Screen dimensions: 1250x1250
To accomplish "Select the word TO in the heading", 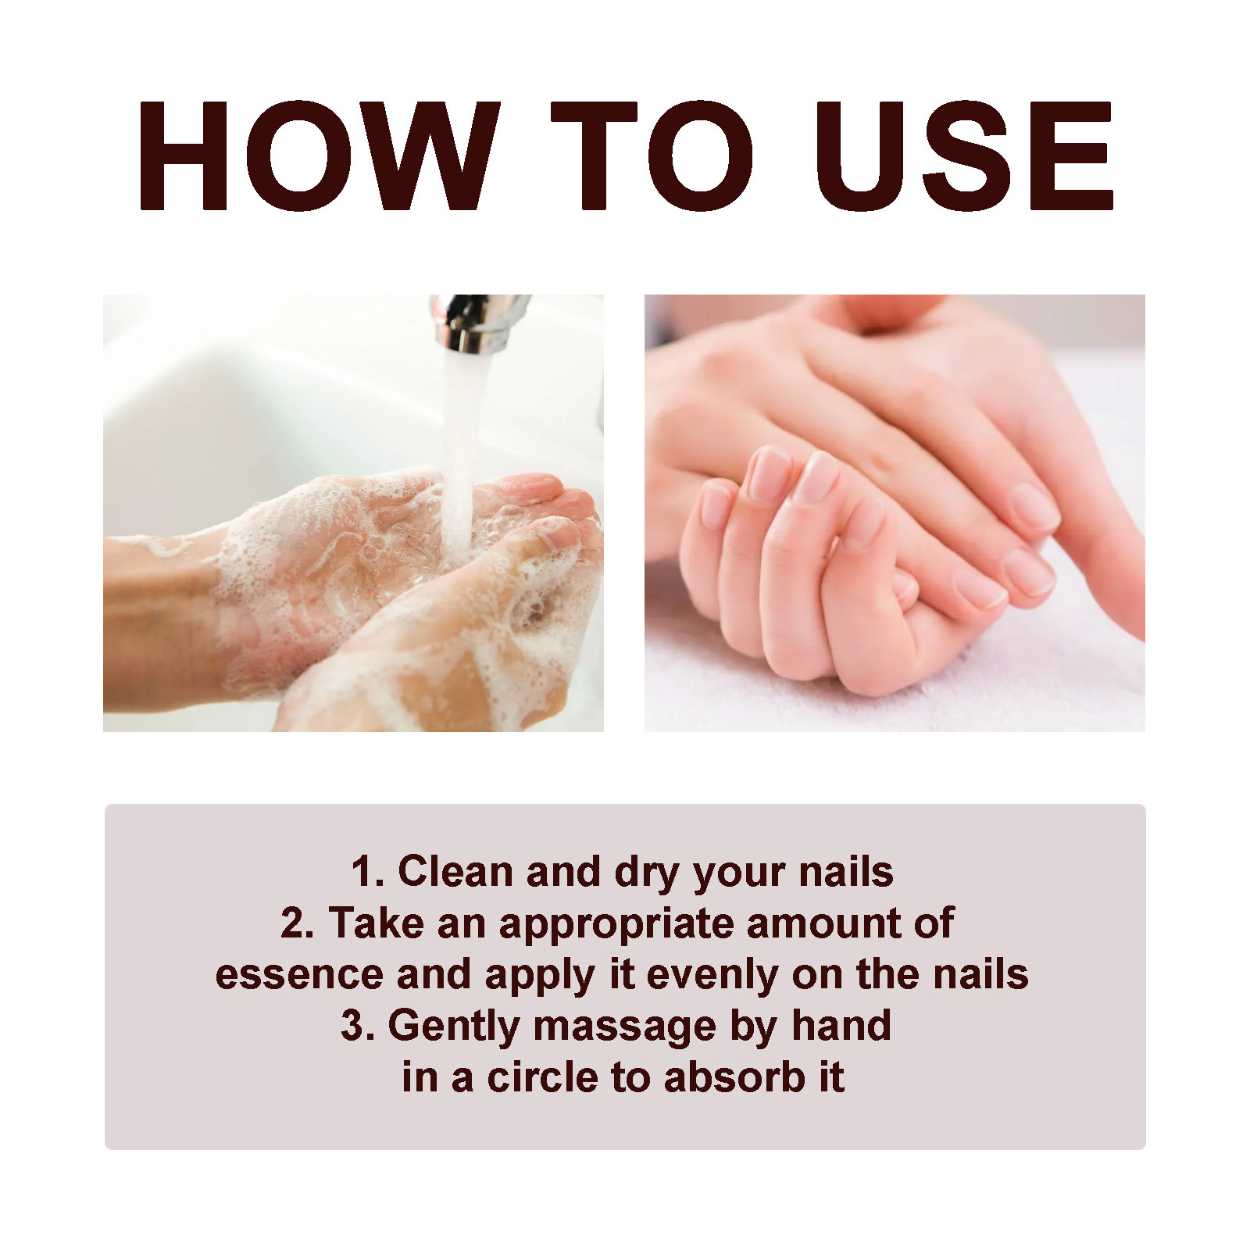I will click(x=652, y=156).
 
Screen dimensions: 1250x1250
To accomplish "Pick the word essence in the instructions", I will click(x=299, y=975).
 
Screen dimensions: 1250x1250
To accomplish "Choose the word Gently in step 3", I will click(x=453, y=1027).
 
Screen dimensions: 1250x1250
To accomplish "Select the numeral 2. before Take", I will click(x=297, y=923).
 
